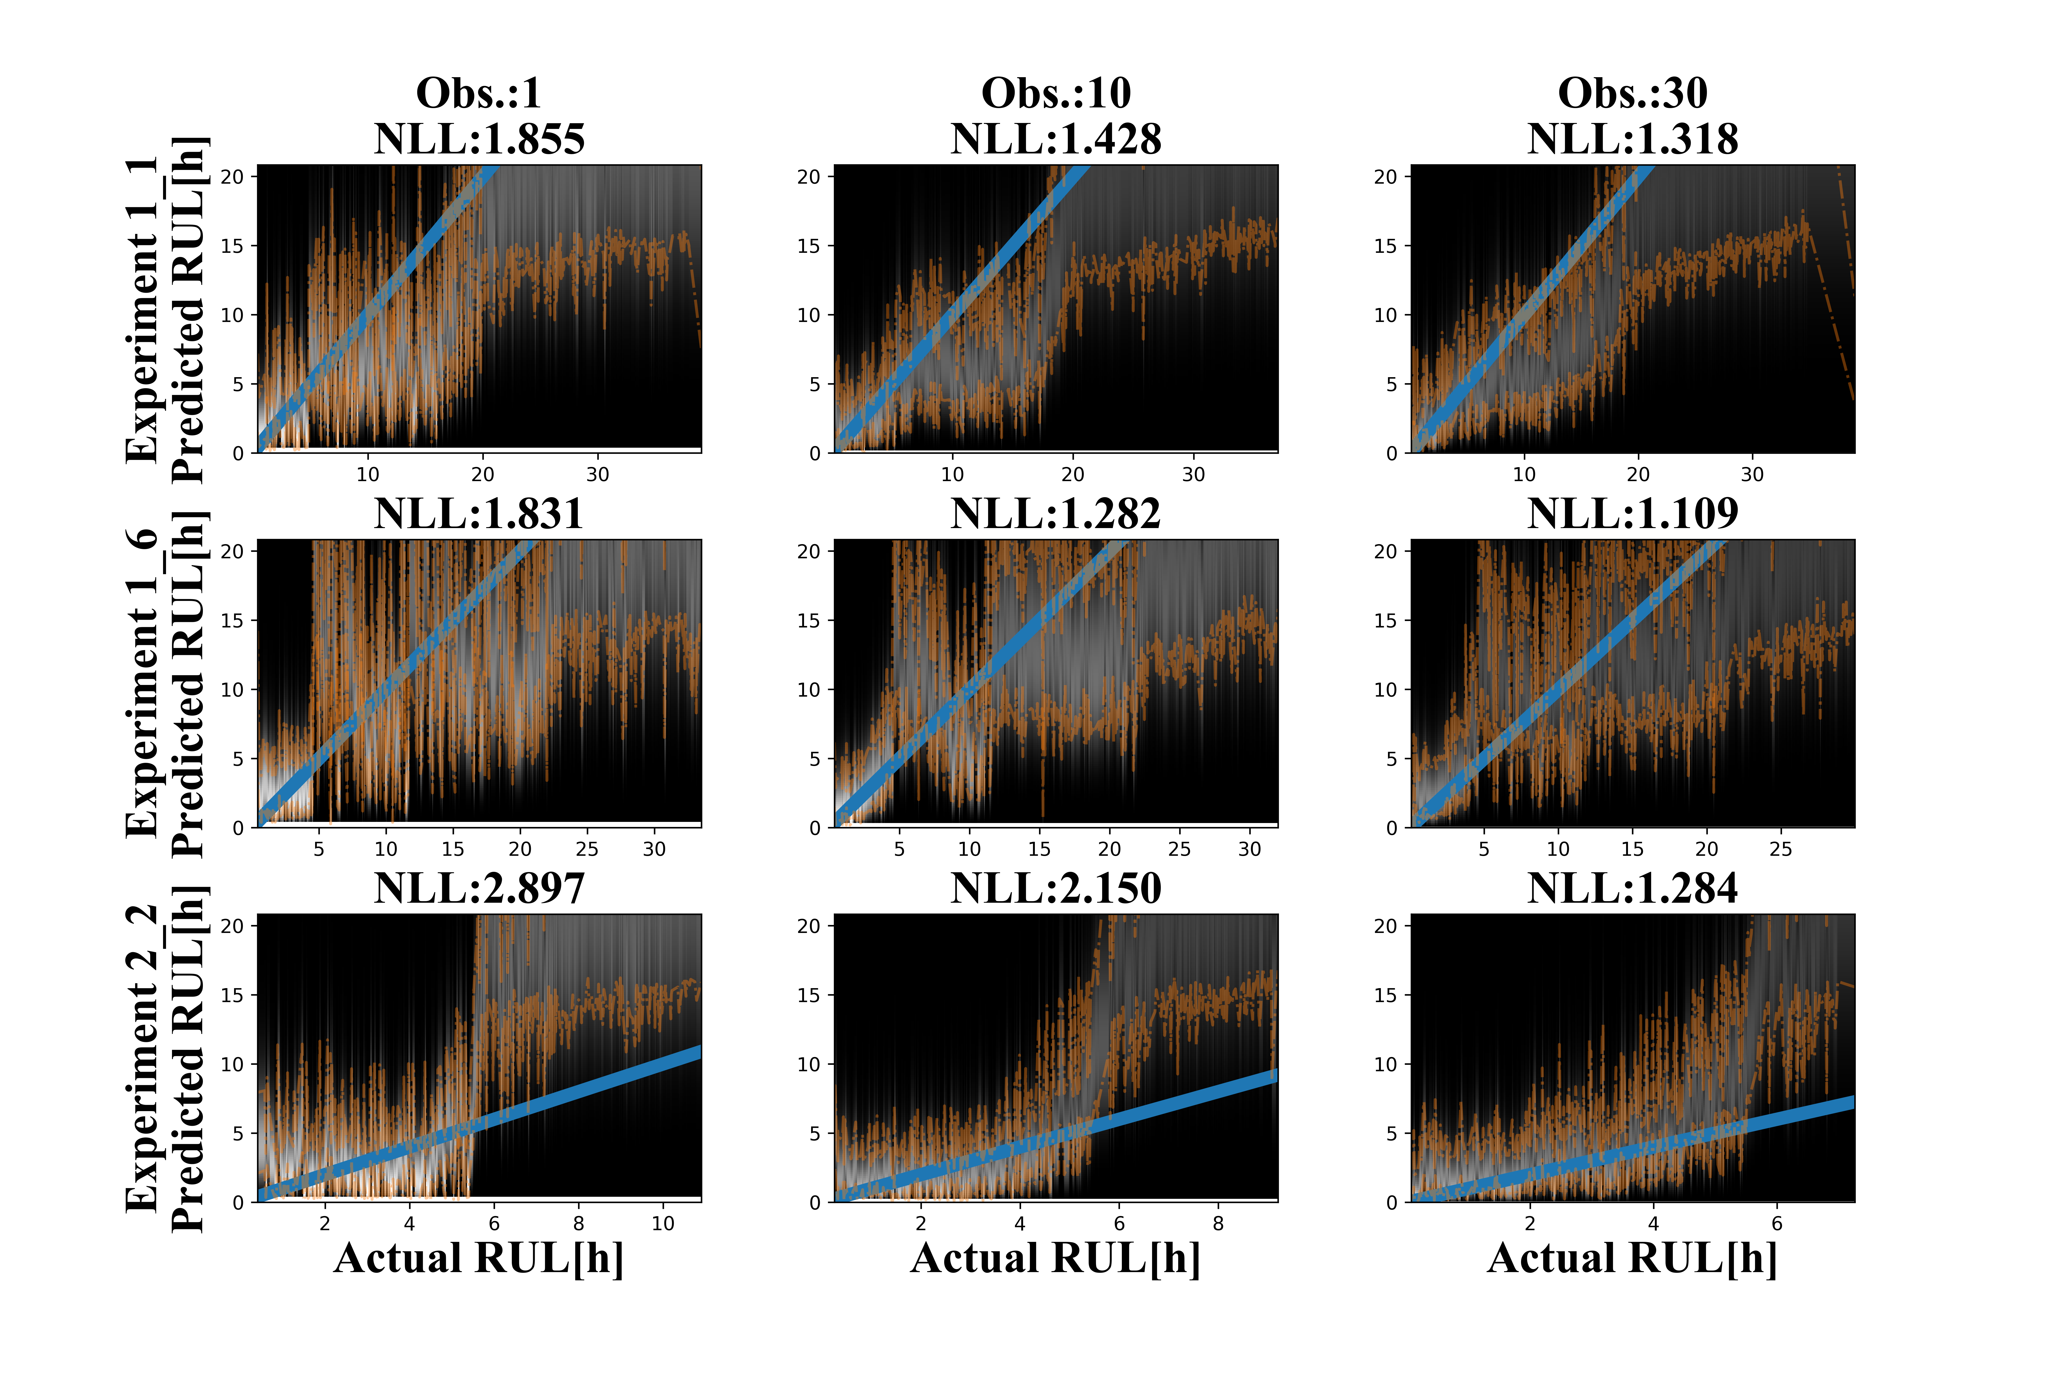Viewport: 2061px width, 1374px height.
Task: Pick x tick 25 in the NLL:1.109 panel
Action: click(x=1781, y=849)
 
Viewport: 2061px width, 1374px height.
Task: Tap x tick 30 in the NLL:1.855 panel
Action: click(x=598, y=474)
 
